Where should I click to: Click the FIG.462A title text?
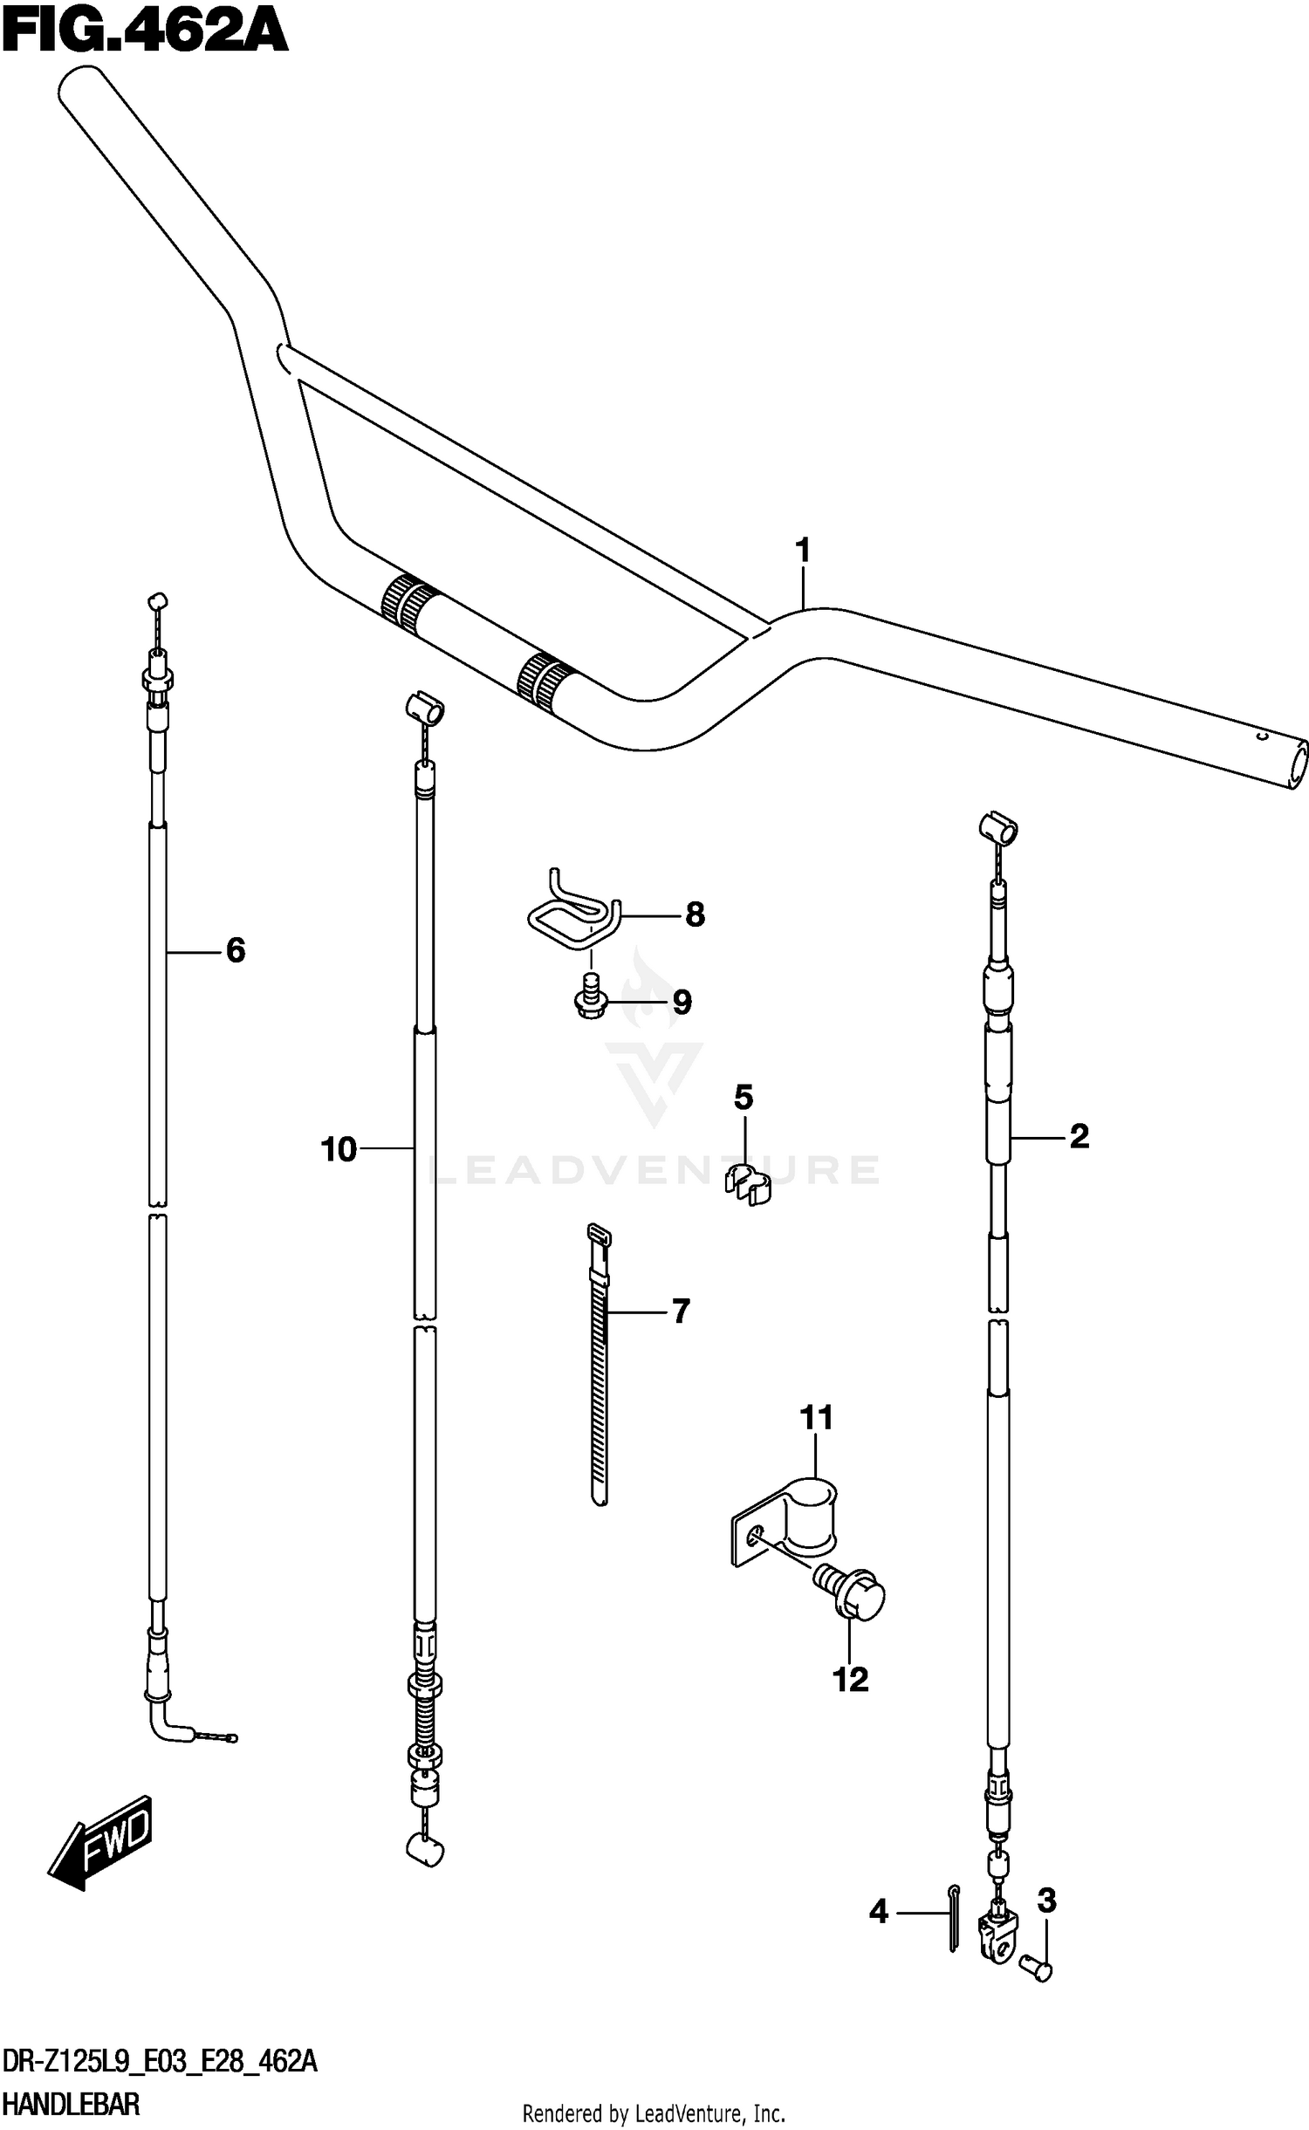coord(144,32)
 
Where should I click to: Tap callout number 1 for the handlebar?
coord(803,551)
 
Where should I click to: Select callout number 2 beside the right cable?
coord(1079,1136)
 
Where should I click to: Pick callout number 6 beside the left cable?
coord(235,950)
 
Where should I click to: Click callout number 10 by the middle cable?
coord(339,1149)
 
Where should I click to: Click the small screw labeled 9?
coord(591,1002)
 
